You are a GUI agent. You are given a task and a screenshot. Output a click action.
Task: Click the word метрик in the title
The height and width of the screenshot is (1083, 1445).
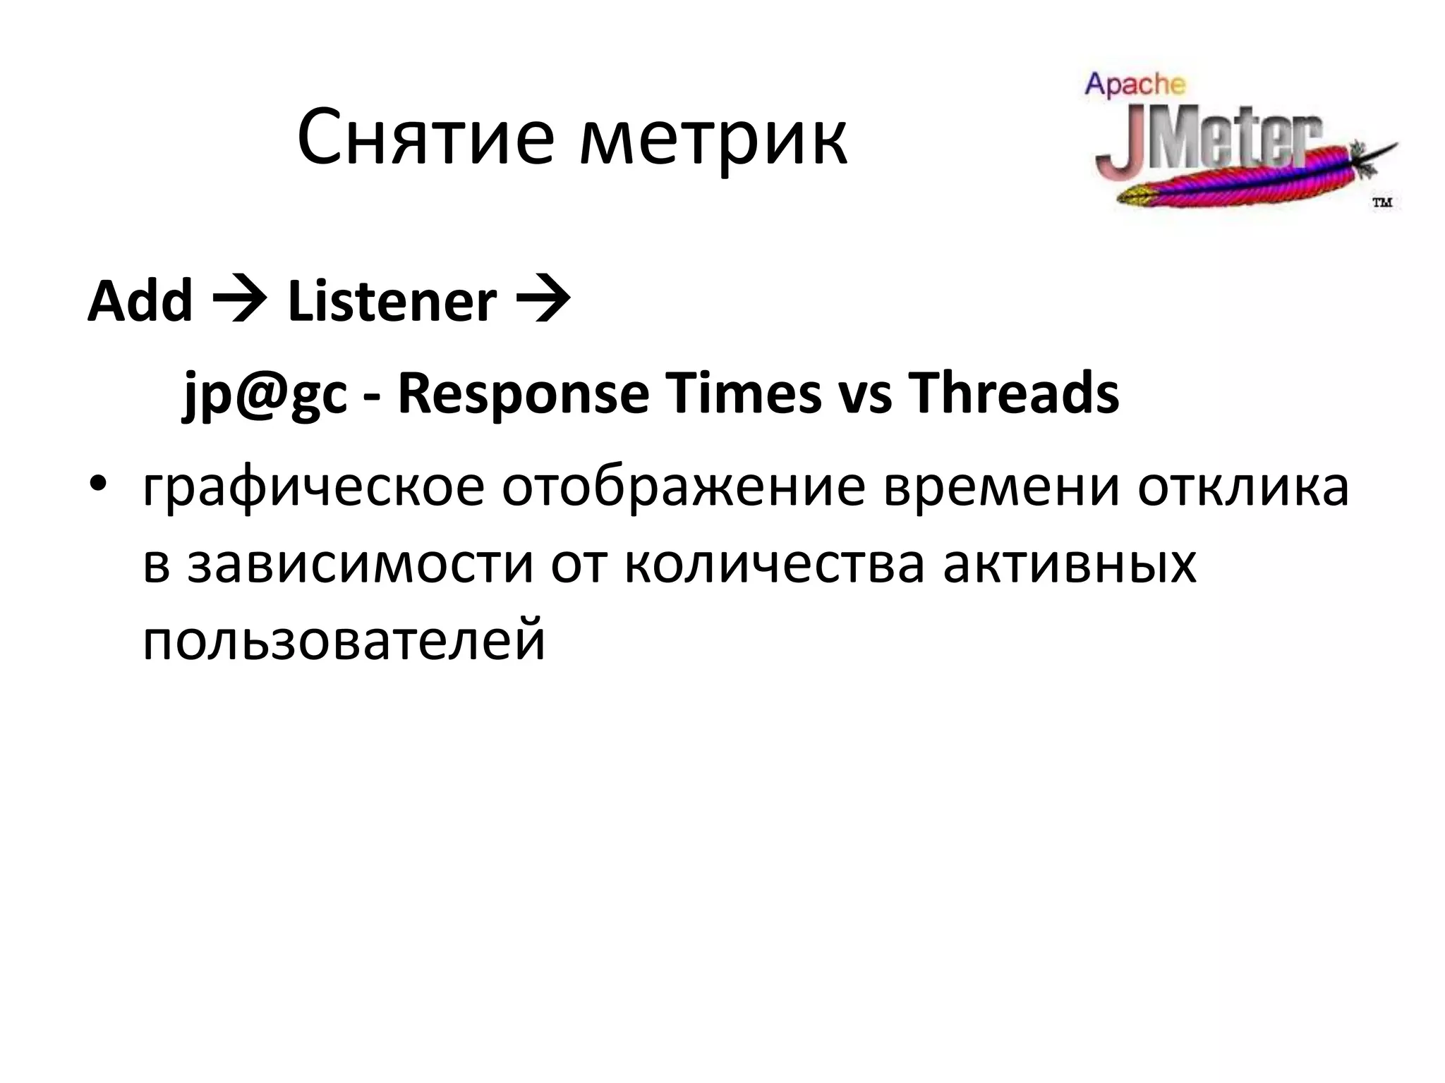(713, 141)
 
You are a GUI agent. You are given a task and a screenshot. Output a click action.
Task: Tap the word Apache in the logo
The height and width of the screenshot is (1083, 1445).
(1135, 85)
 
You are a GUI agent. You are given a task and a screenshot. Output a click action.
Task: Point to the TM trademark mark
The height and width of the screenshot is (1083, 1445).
(1381, 203)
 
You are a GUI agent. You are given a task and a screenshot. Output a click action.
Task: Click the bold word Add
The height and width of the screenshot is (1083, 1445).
(140, 301)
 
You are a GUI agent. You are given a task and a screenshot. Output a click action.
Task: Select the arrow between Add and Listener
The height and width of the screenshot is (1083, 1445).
(240, 301)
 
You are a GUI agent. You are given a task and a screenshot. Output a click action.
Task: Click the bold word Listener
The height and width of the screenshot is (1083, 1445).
(392, 301)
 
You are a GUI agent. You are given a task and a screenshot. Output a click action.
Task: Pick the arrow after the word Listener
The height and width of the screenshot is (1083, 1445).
(543, 301)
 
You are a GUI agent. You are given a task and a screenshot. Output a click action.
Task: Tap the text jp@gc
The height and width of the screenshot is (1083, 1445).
(265, 395)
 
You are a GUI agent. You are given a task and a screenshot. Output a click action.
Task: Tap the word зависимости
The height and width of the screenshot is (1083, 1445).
(359, 564)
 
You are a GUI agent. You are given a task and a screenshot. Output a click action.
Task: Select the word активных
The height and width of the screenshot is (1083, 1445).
(1069, 564)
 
